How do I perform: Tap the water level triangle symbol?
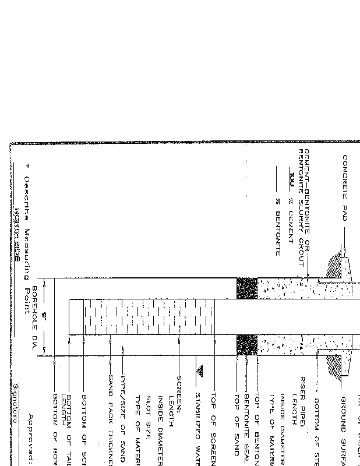point(200,370)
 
